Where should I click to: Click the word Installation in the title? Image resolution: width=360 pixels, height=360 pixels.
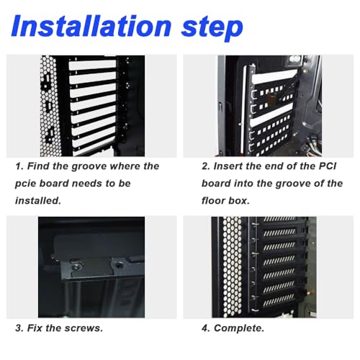(91, 26)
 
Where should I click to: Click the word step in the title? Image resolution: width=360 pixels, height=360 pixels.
(212, 28)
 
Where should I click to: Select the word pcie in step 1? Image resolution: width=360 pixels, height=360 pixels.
(25, 184)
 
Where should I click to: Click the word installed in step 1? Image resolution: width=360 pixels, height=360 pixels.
(37, 201)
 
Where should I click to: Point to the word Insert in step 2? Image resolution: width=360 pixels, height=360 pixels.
(228, 166)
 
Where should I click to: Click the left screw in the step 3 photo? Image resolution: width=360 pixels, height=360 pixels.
(76, 266)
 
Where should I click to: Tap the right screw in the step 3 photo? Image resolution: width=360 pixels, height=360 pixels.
(119, 265)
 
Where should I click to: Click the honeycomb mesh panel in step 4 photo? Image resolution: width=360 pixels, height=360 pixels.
(233, 267)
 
